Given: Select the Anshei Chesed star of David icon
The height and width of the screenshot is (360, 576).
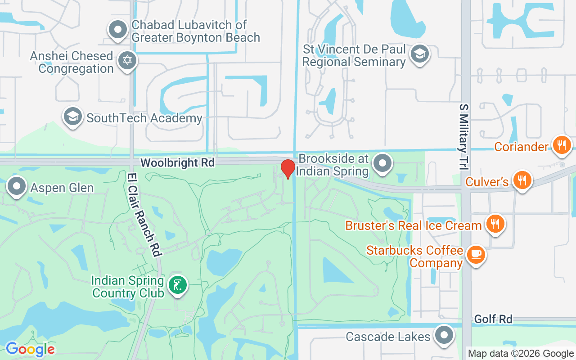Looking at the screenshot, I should tap(127, 61).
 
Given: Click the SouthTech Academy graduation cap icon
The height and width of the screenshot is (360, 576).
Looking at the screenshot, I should tap(73, 117).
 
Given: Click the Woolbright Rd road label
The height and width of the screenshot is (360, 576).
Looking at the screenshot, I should tap(177, 162).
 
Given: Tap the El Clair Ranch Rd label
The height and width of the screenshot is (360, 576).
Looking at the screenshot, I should tap(144, 215).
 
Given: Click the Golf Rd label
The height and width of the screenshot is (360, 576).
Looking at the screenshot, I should tap(493, 319).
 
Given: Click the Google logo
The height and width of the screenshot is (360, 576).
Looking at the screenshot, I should tap(30, 349).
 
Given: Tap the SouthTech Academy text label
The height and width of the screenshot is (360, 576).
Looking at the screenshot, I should tap(144, 118).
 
